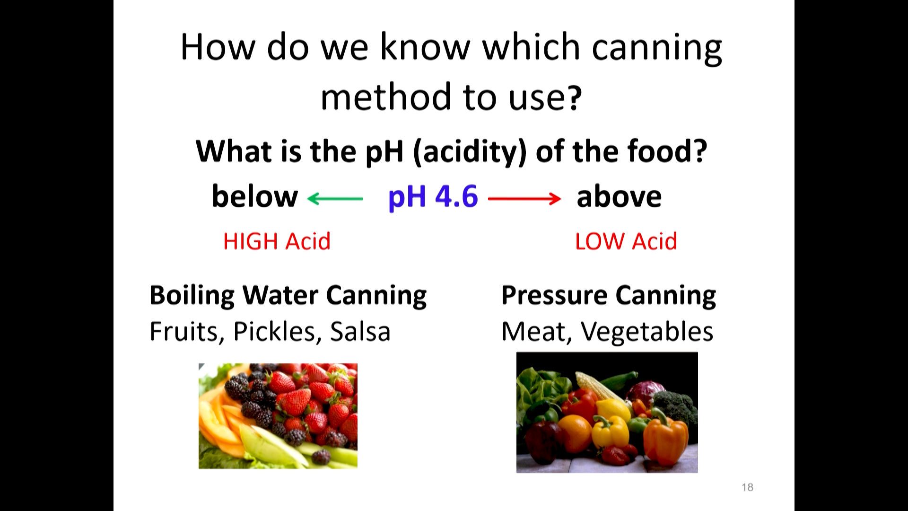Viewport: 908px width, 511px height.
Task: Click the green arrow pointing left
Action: point(335,199)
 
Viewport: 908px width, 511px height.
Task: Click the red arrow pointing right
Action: point(524,199)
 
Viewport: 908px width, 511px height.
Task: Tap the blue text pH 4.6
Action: point(433,197)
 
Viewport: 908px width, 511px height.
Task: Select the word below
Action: point(255,196)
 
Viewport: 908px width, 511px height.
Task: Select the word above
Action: point(619,196)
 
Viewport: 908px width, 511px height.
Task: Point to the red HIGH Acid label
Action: point(277,241)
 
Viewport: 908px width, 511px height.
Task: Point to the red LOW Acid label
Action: point(626,241)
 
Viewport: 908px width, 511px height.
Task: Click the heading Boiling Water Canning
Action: point(288,295)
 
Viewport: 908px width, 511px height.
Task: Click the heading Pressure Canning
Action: point(609,295)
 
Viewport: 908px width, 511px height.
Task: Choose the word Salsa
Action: point(360,332)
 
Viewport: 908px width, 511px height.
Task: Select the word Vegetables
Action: point(647,332)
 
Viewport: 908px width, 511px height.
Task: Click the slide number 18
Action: point(748,487)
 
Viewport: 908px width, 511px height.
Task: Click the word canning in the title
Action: point(657,48)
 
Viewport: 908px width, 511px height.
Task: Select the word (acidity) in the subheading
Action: point(470,152)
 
